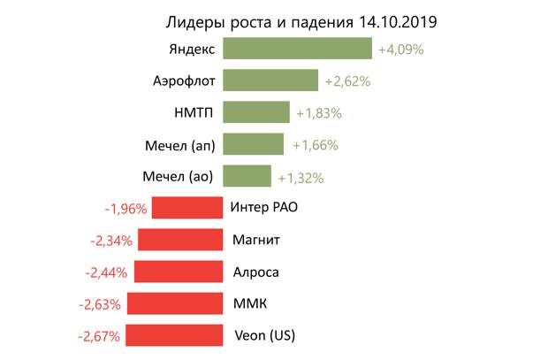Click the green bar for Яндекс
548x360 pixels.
(298, 49)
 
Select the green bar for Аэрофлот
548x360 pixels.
(270, 80)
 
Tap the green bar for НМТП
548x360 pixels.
(255, 112)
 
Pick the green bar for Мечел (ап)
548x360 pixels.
(253, 144)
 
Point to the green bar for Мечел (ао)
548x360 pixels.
(247, 176)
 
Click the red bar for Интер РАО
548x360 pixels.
(186, 208)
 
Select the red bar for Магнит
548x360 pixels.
(179, 240)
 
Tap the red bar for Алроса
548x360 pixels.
(178, 272)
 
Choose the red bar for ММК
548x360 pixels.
(174, 303)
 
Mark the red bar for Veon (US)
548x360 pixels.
(173, 335)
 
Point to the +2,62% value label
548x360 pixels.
(346, 81)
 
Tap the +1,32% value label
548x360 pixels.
(300, 177)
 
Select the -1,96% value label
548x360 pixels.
(125, 209)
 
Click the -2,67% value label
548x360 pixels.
(99, 336)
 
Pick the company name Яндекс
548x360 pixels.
(190, 50)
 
